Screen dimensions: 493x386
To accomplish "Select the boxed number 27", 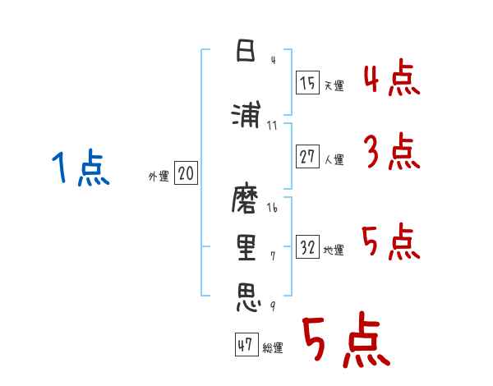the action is (x=308, y=158).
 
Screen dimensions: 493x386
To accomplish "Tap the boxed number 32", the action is (x=308, y=248).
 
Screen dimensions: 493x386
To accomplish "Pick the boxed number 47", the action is (x=245, y=346).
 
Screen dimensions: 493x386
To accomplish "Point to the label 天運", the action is (x=334, y=85).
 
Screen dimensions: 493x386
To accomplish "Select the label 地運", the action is (x=334, y=250).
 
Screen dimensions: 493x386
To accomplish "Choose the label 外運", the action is (x=159, y=176).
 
